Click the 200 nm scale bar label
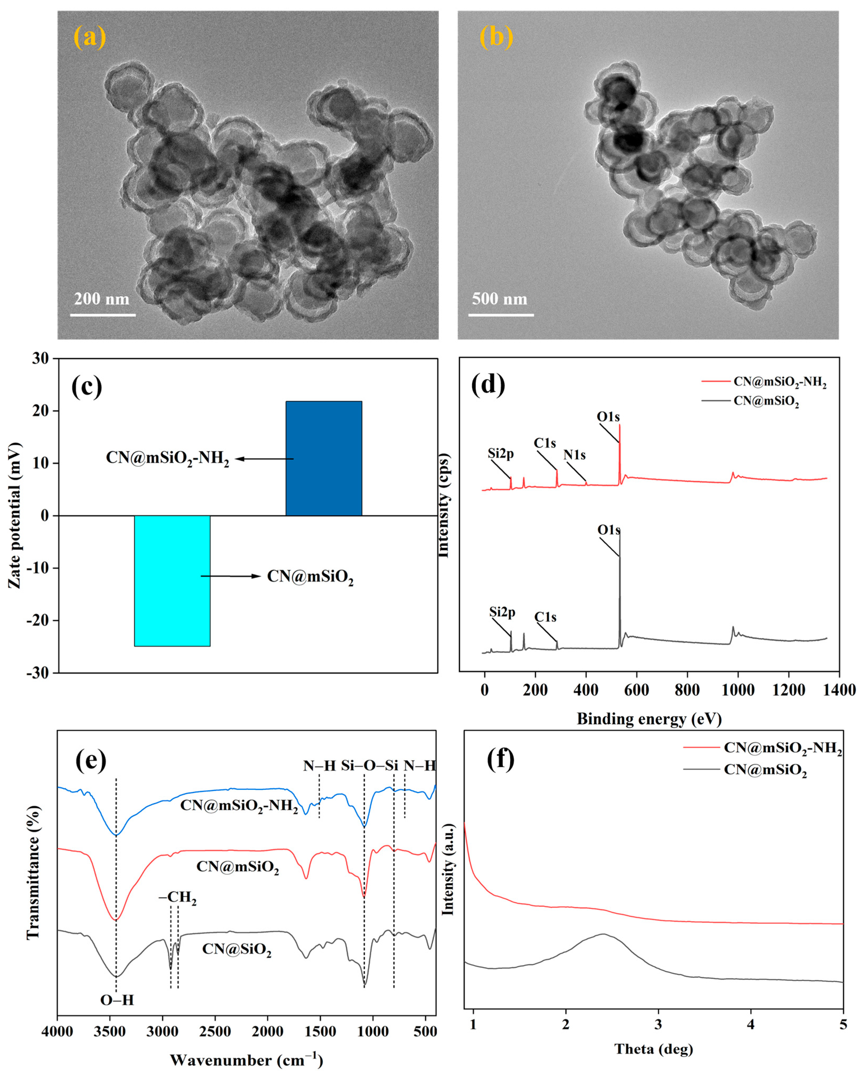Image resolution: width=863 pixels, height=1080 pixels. click(x=102, y=299)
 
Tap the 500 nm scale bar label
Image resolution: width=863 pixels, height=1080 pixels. click(x=500, y=299)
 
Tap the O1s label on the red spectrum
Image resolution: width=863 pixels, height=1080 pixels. click(x=608, y=417)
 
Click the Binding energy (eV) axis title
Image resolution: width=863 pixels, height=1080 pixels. click(x=649, y=719)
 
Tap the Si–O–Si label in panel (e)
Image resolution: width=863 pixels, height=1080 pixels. click(x=369, y=765)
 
